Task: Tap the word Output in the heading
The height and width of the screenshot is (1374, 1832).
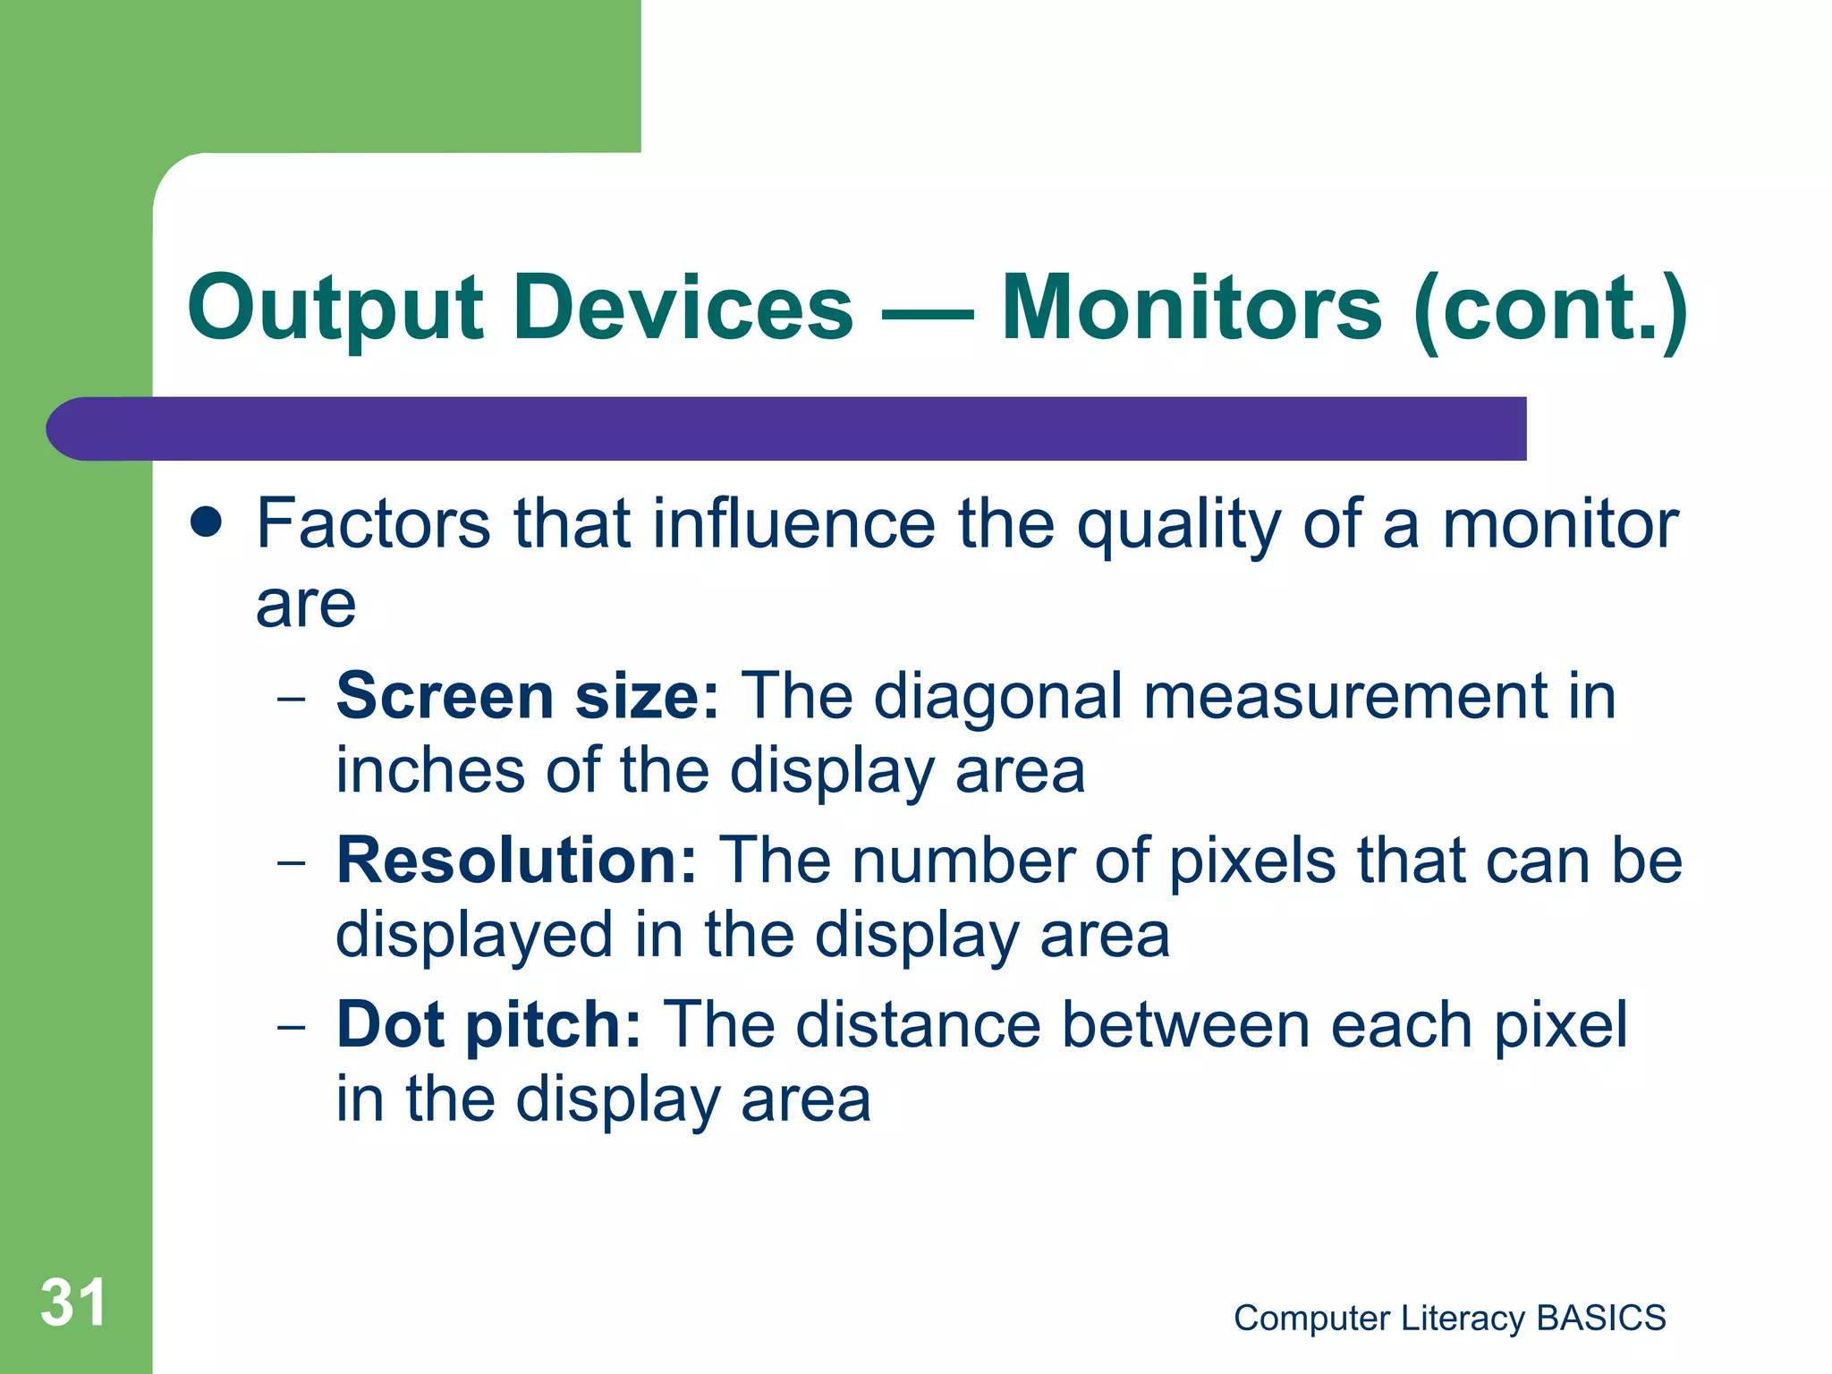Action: pos(335,310)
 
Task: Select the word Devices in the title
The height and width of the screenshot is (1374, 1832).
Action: pos(683,308)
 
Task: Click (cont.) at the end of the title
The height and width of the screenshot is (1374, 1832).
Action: pos(1550,310)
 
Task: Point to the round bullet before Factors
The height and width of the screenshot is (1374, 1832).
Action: pos(207,522)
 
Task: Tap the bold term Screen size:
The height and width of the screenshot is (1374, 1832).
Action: pos(527,696)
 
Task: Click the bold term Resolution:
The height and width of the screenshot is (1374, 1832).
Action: pos(516,861)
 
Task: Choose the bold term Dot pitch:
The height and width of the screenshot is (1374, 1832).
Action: pos(488,1025)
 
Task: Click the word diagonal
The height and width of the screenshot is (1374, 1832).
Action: pos(997,696)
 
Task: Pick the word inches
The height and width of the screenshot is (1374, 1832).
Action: pos(429,771)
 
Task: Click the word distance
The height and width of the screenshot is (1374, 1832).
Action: pos(918,1025)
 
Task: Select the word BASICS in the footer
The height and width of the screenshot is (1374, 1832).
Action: pos(1600,1319)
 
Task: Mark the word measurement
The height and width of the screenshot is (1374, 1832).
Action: pos(1345,696)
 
